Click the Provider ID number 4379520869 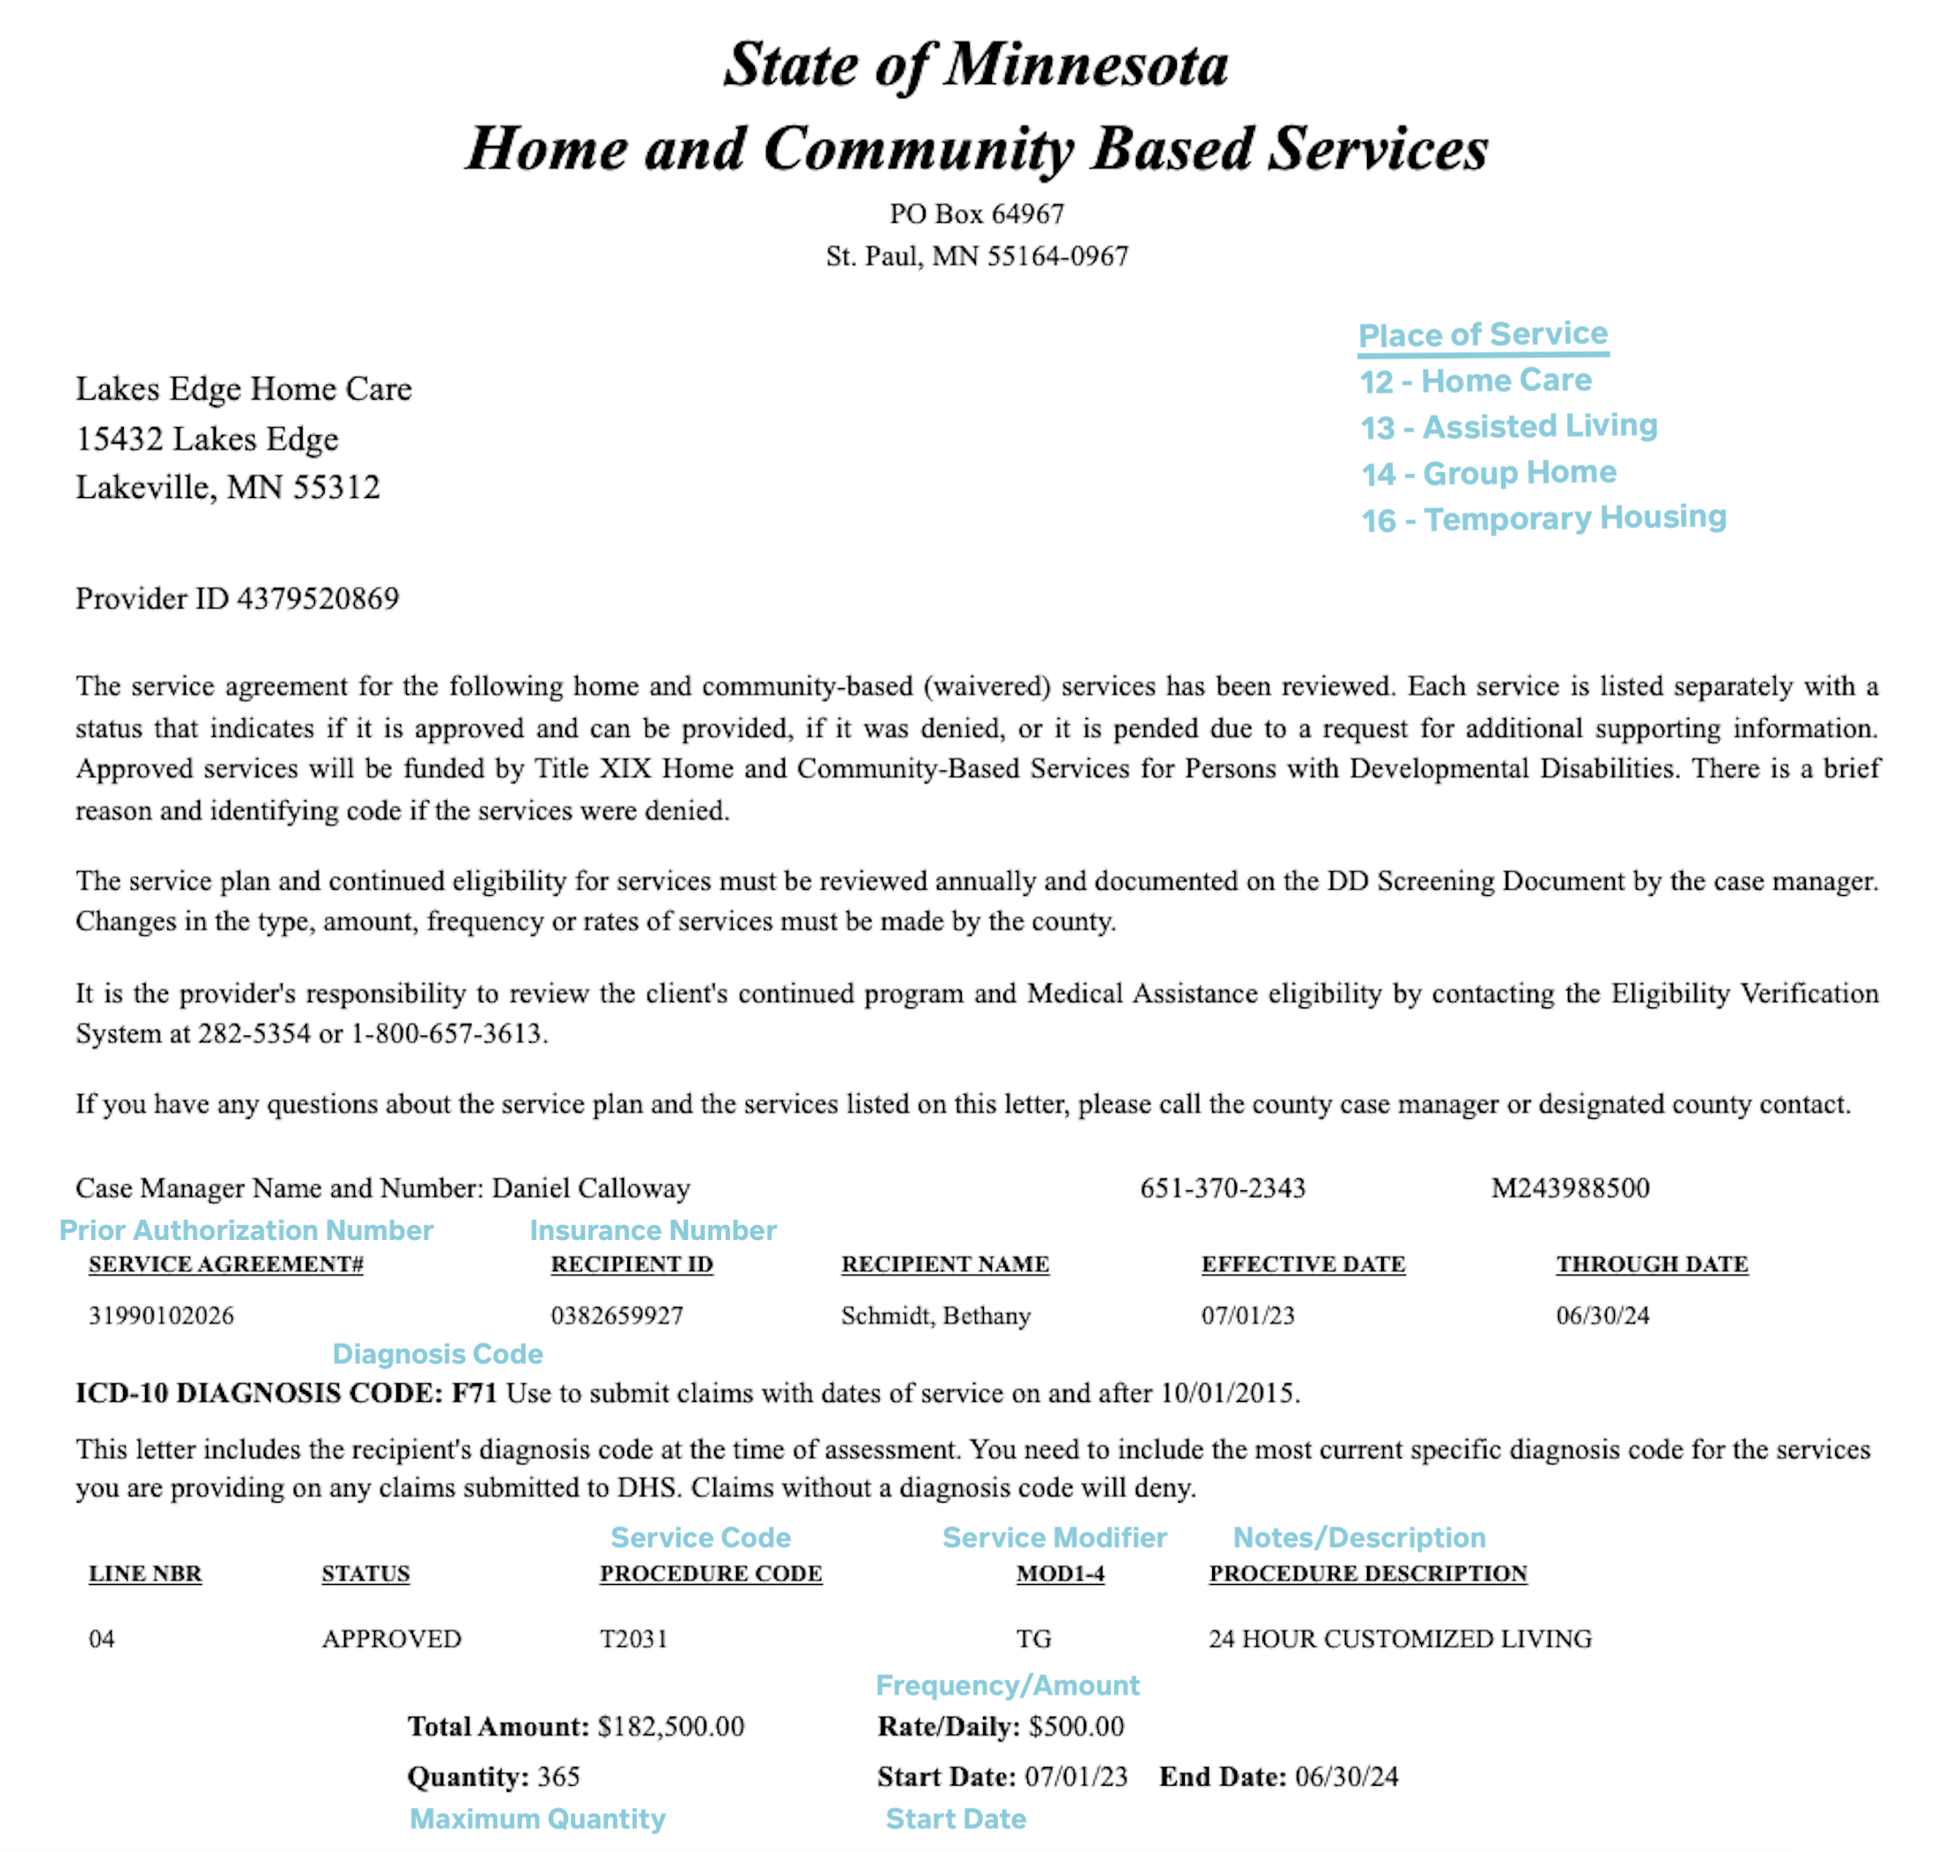click(x=318, y=598)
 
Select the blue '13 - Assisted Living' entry click(x=1508, y=426)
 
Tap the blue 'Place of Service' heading click(x=1482, y=334)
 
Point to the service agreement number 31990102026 click(x=161, y=1315)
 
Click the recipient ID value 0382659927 click(x=616, y=1315)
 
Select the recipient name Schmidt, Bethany click(x=935, y=1315)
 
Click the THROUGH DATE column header click(x=1651, y=1264)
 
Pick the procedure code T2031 click(x=633, y=1639)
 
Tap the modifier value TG click(x=1033, y=1639)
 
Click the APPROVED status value click(x=391, y=1639)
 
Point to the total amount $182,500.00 click(x=671, y=1726)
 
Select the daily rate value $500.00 click(x=1075, y=1726)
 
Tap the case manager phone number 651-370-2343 click(x=1223, y=1188)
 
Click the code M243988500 click(x=1569, y=1188)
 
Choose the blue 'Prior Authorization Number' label click(x=246, y=1230)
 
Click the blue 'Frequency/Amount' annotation click(x=1007, y=1685)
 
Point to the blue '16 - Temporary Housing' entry click(x=1542, y=518)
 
